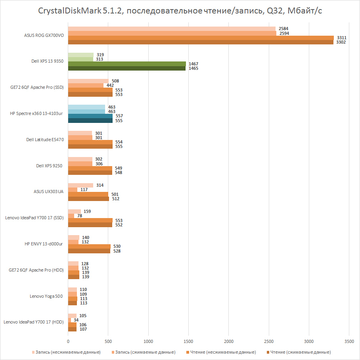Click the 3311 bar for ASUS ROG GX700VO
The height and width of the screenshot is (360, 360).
201,38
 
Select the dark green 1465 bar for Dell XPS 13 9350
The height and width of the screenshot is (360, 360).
127,68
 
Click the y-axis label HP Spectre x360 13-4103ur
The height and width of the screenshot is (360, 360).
36,113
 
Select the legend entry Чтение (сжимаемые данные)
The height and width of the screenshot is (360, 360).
299,352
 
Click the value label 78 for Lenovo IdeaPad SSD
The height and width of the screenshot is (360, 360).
80,216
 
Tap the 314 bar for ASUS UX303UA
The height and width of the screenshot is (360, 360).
80,186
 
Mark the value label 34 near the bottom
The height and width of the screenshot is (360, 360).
76,320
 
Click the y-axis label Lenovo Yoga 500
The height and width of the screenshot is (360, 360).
46,296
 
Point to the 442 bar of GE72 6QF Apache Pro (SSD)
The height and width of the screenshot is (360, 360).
86,86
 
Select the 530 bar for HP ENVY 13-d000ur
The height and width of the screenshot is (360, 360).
89,246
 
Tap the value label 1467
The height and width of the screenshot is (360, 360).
193,64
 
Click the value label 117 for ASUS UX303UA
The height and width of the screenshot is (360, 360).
84,190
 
